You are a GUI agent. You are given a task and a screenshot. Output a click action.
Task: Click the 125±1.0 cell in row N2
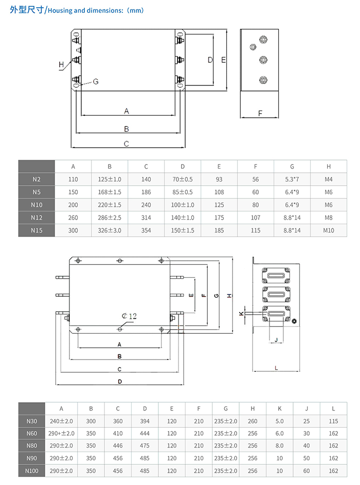pyautogui.click(x=110, y=179)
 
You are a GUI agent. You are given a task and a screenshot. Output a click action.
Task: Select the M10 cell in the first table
pyautogui.click(x=329, y=230)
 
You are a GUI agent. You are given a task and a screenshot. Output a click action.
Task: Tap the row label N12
pyautogui.click(x=37, y=218)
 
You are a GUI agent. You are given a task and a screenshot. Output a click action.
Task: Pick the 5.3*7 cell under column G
pyautogui.click(x=292, y=179)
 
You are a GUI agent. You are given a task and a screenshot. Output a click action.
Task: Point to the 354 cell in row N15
pyautogui.click(x=146, y=230)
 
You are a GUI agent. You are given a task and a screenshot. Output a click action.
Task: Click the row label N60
pyautogui.click(x=31, y=434)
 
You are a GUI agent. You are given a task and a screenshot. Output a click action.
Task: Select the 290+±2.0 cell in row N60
pyautogui.click(x=61, y=434)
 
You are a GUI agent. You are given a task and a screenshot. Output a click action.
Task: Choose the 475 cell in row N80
pyautogui.click(x=145, y=446)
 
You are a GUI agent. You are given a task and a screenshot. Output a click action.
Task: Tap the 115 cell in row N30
pyautogui.click(x=333, y=421)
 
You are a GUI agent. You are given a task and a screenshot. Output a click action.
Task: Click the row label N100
pyautogui.click(x=31, y=471)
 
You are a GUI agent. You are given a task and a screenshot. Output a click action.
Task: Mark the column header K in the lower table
pyautogui.click(x=279, y=409)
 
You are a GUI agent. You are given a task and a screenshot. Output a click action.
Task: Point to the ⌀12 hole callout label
pyautogui.click(x=129, y=317)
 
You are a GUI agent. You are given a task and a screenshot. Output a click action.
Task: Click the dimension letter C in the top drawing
pyautogui.click(x=127, y=144)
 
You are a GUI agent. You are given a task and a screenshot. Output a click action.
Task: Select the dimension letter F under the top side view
pyautogui.click(x=260, y=113)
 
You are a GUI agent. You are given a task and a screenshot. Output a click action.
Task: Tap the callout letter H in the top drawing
pyautogui.click(x=61, y=64)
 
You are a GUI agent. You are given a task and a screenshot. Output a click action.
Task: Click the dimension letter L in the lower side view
pyautogui.click(x=276, y=368)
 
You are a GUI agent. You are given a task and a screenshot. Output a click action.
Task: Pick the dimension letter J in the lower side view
pyautogui.click(x=276, y=340)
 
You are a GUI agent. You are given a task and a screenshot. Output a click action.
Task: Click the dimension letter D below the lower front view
pyautogui.click(x=119, y=381)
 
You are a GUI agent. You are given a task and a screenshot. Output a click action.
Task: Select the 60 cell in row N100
pyautogui.click(x=307, y=471)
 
